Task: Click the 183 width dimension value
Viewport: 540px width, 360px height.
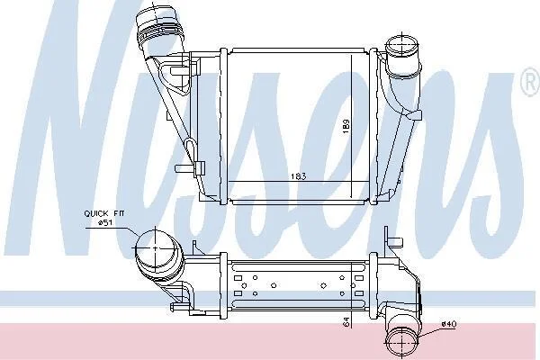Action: [x=298, y=176]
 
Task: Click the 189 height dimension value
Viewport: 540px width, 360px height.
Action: [x=346, y=126]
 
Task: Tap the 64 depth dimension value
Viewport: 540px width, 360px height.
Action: [x=346, y=322]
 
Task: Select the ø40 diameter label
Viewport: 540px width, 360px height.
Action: [x=449, y=324]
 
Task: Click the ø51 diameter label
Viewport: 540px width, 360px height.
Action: [x=104, y=223]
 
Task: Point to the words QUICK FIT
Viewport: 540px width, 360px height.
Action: [x=100, y=213]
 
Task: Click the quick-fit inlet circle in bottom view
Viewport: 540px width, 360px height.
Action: [x=156, y=247]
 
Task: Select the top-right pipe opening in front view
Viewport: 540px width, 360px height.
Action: [x=402, y=46]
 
